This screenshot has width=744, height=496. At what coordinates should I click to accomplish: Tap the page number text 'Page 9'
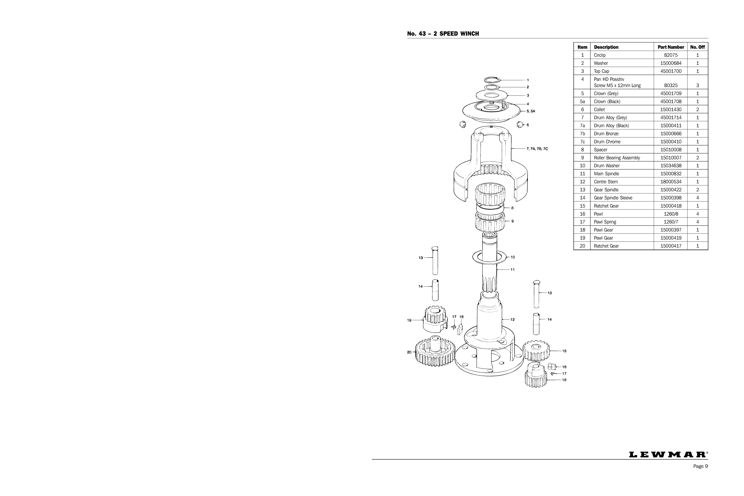coord(700,475)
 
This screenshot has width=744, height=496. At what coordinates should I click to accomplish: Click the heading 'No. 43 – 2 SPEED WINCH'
coord(443,34)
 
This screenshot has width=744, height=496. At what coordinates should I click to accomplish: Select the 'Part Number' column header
coord(671,47)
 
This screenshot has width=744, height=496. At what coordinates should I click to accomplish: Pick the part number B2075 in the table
coord(671,55)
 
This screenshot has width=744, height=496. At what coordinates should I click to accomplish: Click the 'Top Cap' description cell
coord(601,71)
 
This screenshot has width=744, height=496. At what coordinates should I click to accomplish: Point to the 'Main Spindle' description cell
coord(606,174)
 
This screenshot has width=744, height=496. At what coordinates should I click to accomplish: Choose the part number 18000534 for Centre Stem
coord(671,182)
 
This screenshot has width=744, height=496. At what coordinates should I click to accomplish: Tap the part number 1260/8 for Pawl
coord(671,214)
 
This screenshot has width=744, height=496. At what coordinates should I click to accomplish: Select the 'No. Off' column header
coord(697,47)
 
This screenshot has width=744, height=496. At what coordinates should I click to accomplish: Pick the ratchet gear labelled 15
coord(536,350)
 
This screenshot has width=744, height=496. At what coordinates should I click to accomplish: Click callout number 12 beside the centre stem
coord(512,320)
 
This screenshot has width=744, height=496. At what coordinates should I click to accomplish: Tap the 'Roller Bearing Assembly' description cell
coord(617,158)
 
